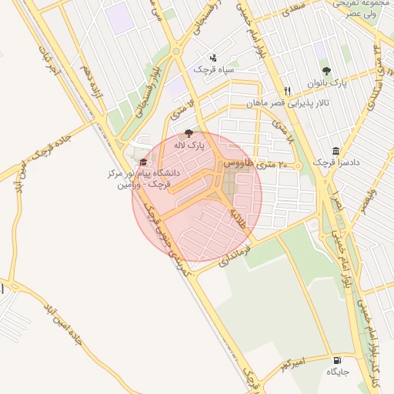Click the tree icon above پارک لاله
point(189,132)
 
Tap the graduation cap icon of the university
point(143,162)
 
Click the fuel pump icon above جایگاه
point(337,360)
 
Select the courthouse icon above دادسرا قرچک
point(335,152)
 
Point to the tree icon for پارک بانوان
point(326,71)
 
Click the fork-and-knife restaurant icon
point(287,90)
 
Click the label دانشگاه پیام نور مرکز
point(145,174)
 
